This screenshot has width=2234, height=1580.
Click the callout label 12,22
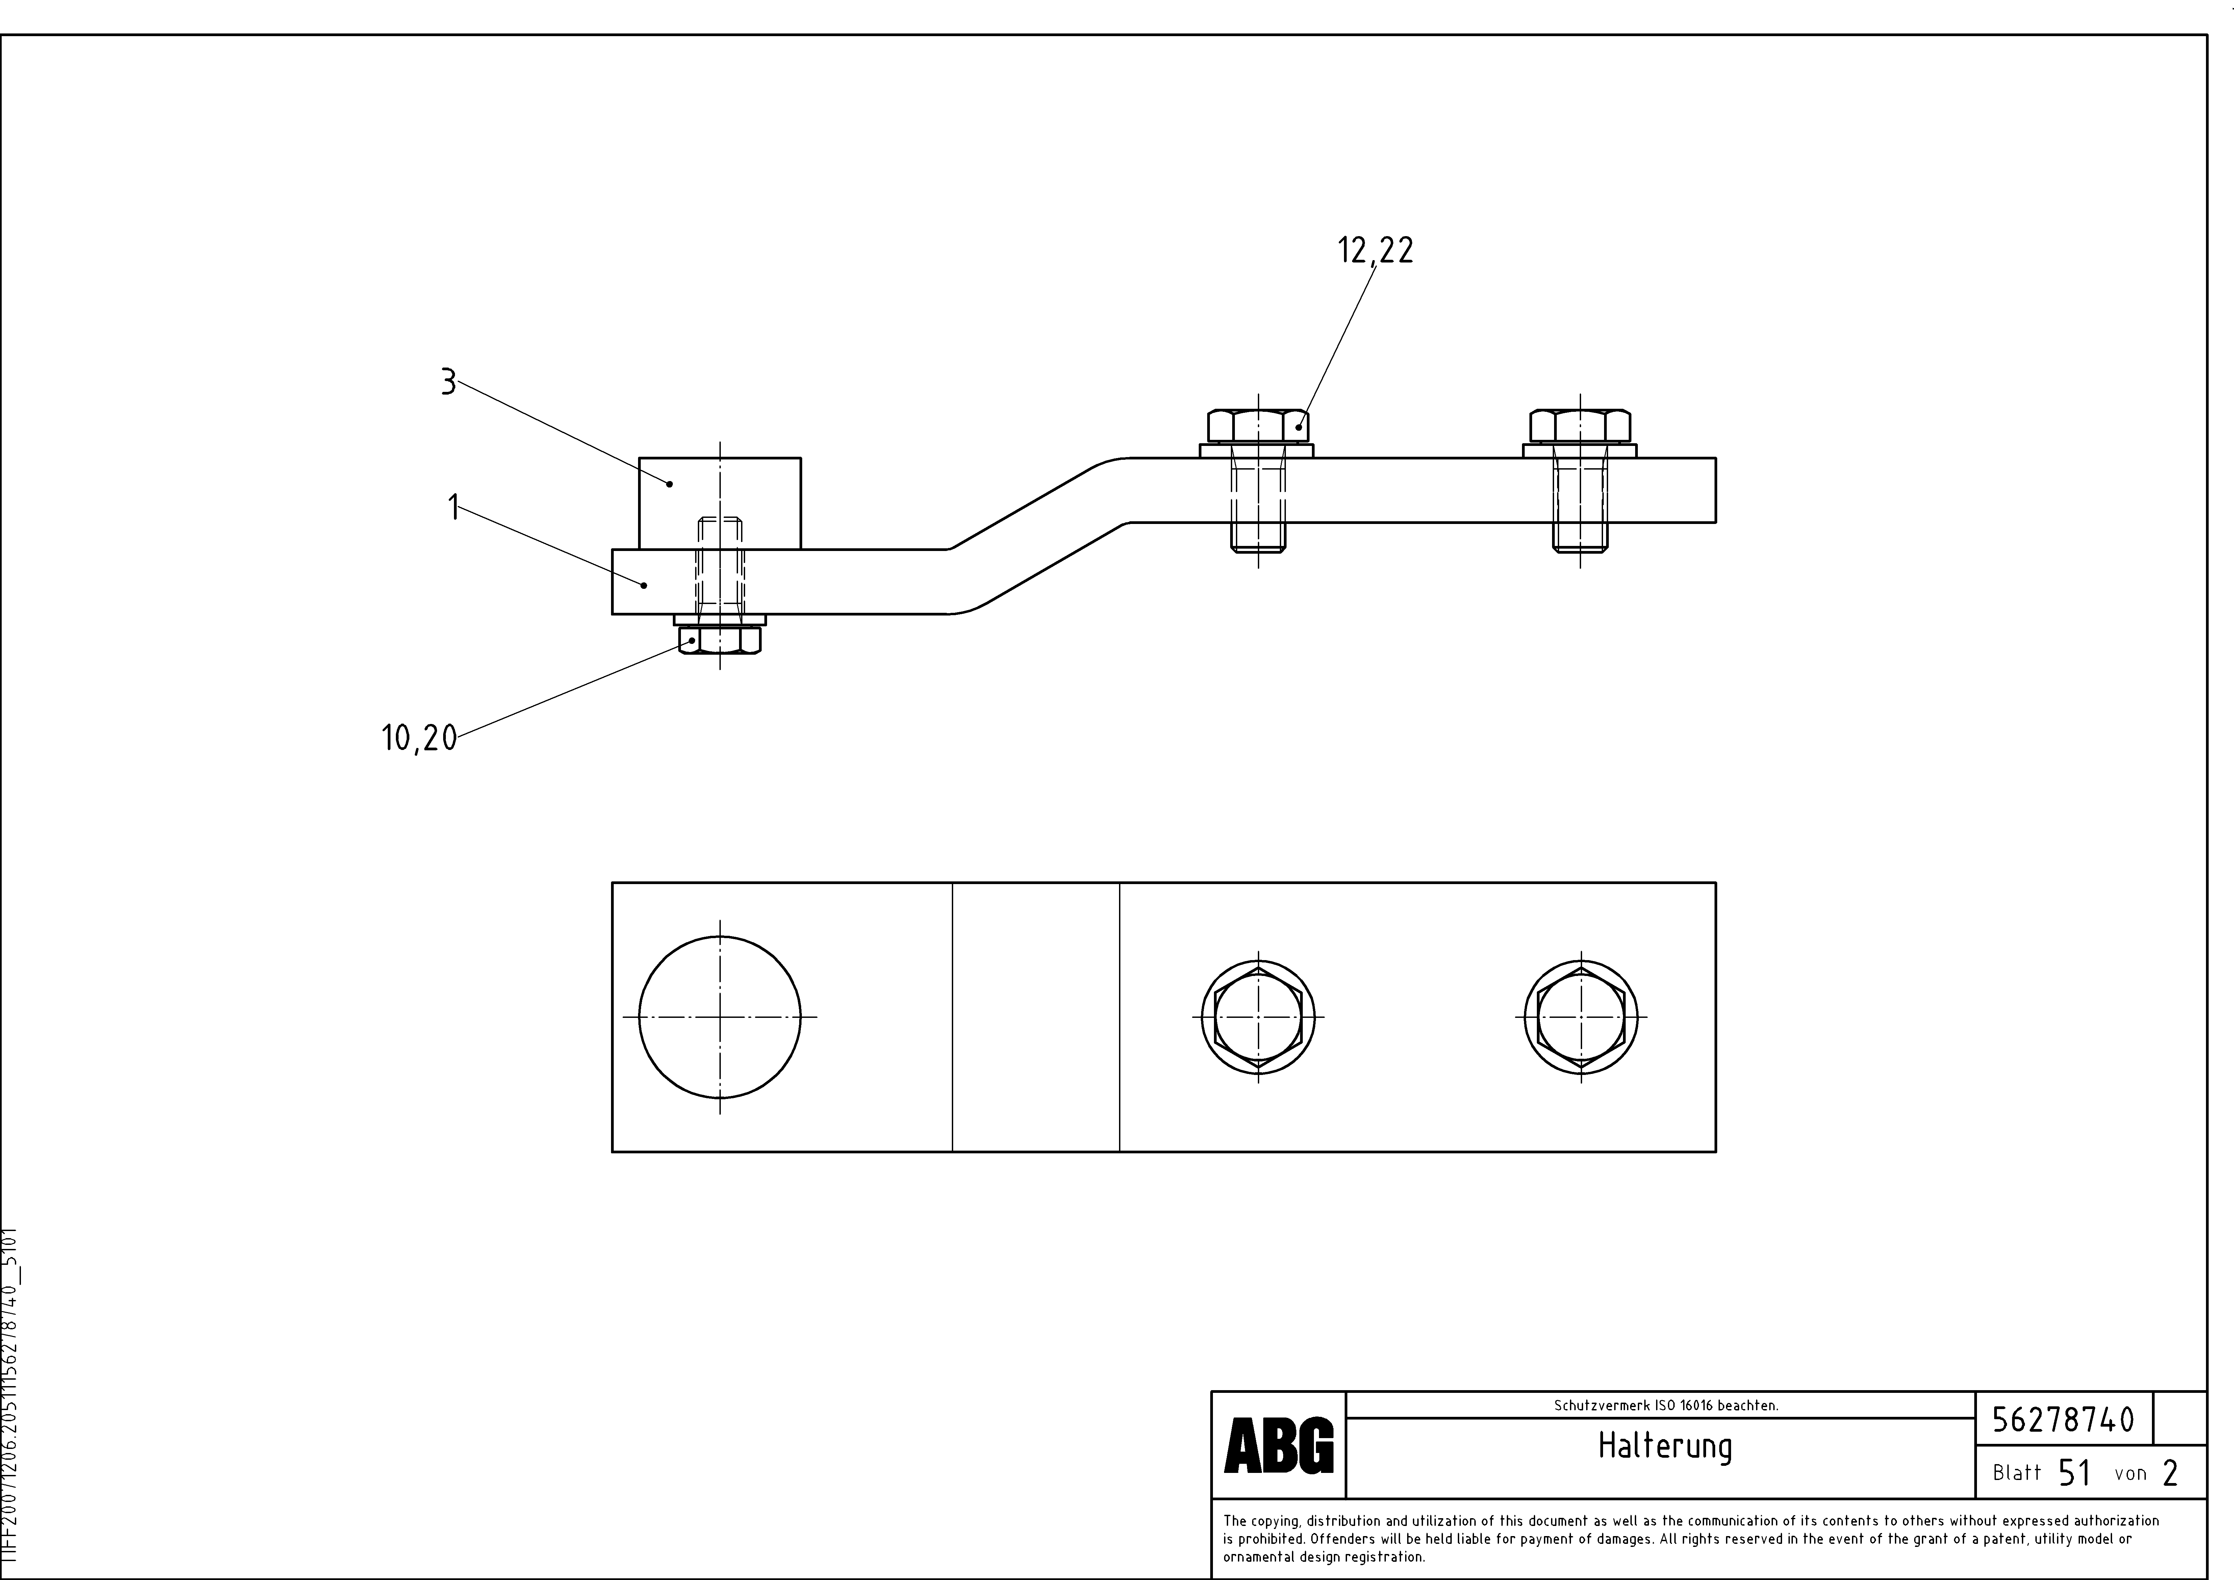point(1375,251)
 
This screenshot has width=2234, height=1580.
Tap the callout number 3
point(448,382)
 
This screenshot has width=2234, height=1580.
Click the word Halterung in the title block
point(1665,1447)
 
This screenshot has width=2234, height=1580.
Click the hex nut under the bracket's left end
point(720,639)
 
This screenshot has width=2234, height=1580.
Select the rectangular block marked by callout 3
point(720,503)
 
